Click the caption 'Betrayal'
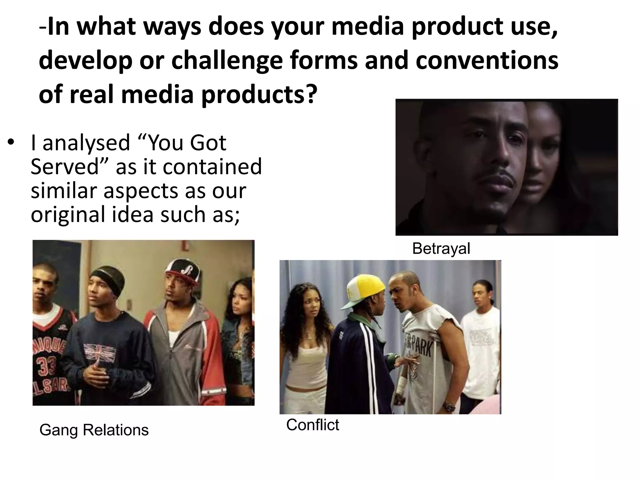pyautogui.click(x=441, y=249)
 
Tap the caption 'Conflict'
pyautogui.click(x=312, y=425)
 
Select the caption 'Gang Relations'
pyautogui.click(x=94, y=430)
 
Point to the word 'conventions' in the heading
pyautogui.click(x=487, y=61)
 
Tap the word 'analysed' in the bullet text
pyautogui.click(x=86, y=143)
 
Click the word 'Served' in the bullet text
pyautogui.click(x=65, y=167)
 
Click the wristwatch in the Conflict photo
pyautogui.click(x=449, y=407)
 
